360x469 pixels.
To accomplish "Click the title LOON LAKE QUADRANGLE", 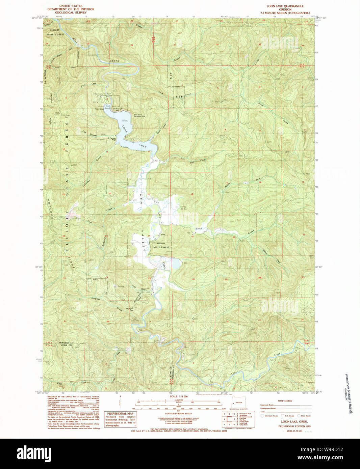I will [285, 6].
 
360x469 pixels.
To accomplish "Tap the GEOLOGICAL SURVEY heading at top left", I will [71, 12].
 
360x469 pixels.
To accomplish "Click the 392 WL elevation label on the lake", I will [125, 120].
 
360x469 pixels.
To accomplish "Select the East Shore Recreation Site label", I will [139, 115].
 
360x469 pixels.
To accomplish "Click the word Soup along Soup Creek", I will [199, 229].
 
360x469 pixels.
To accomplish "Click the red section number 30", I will [193, 279].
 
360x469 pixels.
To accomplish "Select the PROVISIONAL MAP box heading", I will [121, 413].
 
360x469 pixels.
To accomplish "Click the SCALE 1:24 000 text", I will [179, 396].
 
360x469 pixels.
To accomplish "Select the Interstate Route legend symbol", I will [262, 416].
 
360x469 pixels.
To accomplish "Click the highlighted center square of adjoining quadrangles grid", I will [229, 419].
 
